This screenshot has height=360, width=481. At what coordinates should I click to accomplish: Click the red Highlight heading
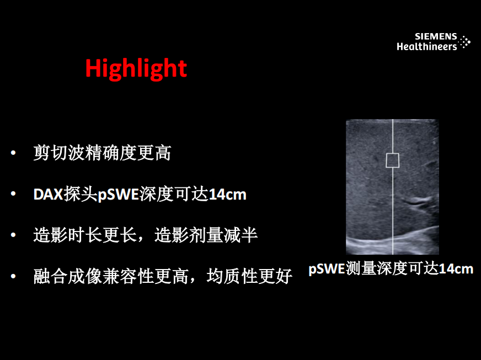(136, 69)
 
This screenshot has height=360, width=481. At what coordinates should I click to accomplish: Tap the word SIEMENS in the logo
(436, 36)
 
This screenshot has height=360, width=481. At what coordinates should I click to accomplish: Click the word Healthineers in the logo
(427, 46)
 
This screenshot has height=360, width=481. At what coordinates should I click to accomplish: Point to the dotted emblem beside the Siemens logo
(465, 42)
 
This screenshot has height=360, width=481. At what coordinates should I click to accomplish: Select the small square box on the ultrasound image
(392, 160)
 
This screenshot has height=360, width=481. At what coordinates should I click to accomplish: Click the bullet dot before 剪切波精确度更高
(13, 152)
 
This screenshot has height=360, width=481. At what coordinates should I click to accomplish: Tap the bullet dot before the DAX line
(13, 194)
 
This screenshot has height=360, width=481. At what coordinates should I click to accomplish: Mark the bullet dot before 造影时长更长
(13, 235)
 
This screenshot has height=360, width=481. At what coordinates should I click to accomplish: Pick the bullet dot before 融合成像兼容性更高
(13, 276)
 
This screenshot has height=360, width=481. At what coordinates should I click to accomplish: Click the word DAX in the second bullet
(48, 195)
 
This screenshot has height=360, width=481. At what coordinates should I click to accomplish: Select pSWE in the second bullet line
(118, 195)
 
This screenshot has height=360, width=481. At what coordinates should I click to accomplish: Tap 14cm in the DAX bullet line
(227, 195)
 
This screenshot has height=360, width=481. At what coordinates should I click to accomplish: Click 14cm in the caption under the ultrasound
(456, 269)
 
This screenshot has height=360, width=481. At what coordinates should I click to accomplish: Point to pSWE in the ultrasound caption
(327, 269)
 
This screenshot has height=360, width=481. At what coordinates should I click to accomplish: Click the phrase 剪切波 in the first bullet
(59, 153)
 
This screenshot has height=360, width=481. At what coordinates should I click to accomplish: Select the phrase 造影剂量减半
(206, 235)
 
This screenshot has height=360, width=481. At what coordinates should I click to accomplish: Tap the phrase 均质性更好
(249, 276)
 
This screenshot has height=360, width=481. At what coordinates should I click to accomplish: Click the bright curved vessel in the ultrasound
(418, 201)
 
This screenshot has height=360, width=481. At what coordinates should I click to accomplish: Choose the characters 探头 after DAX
(81, 195)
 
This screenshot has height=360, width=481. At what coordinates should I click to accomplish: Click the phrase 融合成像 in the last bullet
(68, 276)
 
